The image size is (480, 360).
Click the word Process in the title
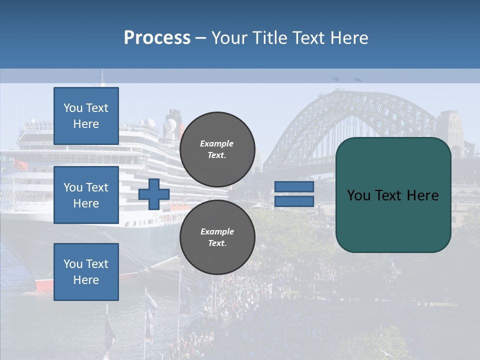pyautogui.click(x=157, y=38)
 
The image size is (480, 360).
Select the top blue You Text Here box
pyautogui.click(x=86, y=116)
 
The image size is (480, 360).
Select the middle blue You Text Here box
pyautogui.click(x=86, y=195)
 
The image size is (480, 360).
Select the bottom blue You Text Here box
pyautogui.click(x=86, y=271)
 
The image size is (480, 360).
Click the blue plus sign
pyautogui.click(x=154, y=194)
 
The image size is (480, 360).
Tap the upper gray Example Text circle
pyautogui.click(x=217, y=149)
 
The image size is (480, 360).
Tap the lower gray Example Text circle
pyautogui.click(x=217, y=237)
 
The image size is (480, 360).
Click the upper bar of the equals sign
pyautogui.click(x=294, y=187)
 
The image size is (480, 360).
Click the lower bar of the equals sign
pyautogui.click(x=294, y=201)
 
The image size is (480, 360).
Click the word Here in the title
pyautogui.click(x=347, y=38)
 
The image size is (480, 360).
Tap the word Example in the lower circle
pyautogui.click(x=217, y=231)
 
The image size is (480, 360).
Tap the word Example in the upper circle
pyautogui.click(x=216, y=143)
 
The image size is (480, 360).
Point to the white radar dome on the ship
pyautogui.click(x=150, y=122)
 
